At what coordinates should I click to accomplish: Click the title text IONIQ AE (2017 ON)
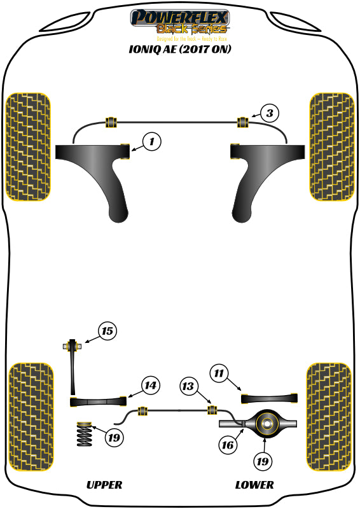pyautogui.click(x=179, y=48)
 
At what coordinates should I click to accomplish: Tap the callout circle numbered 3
pyautogui.click(x=270, y=114)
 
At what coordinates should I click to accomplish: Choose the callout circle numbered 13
pyautogui.click(x=188, y=386)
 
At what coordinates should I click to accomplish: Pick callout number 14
pyautogui.click(x=149, y=386)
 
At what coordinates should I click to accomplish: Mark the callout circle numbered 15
pyautogui.click(x=108, y=331)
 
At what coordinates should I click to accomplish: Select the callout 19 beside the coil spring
pyautogui.click(x=114, y=438)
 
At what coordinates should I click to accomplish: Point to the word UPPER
pyautogui.click(x=104, y=485)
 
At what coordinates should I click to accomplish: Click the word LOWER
pyautogui.click(x=254, y=485)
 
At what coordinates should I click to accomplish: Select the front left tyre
pyautogui.click(x=27, y=146)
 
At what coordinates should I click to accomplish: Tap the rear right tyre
pyautogui.click(x=329, y=417)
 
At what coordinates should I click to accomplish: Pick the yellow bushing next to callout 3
pyautogui.click(x=242, y=121)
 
